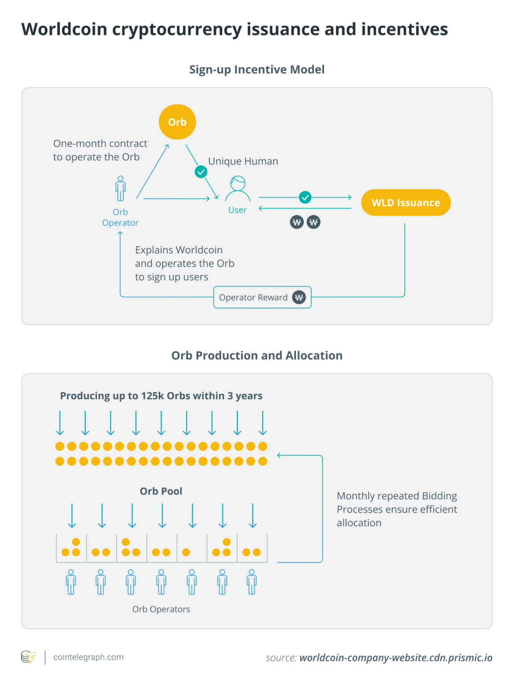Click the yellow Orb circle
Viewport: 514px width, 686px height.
pos(177,122)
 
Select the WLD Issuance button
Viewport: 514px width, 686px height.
pos(406,203)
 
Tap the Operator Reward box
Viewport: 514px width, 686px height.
pos(262,297)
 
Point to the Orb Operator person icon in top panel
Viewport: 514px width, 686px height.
pos(120,188)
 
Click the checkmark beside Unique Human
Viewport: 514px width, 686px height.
pos(201,172)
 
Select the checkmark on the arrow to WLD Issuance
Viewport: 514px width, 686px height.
pos(305,197)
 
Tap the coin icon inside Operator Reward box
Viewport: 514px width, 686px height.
pos(299,297)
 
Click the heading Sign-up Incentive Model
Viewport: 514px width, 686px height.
pos(257,70)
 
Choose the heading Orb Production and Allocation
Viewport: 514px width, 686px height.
pos(257,356)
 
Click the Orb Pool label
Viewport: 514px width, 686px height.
pos(161,491)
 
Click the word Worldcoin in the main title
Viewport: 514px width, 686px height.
pos(64,29)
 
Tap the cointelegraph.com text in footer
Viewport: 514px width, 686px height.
pos(88,657)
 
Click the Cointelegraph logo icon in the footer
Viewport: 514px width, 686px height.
pos(29,657)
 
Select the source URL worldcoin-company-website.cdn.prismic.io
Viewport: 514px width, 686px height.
pos(396,658)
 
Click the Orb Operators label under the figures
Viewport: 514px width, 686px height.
pos(161,609)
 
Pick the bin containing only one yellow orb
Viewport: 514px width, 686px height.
pos(192,549)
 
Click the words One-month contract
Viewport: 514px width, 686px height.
pos(100,144)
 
